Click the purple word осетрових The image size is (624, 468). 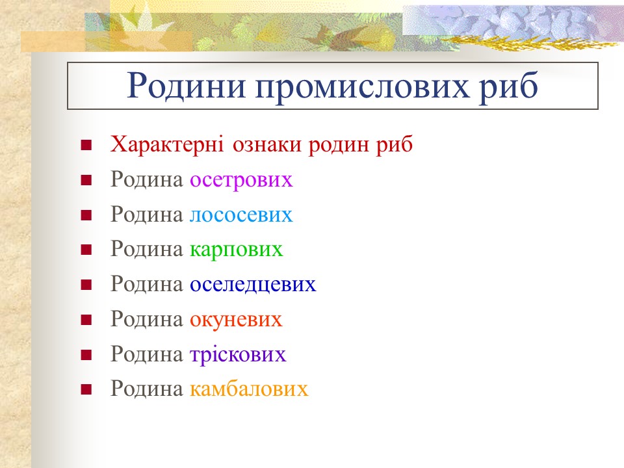(x=241, y=179)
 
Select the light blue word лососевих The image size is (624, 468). (x=241, y=214)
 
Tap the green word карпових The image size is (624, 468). (x=237, y=250)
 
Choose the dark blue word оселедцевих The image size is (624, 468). (x=253, y=285)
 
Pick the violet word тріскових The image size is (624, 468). (x=238, y=355)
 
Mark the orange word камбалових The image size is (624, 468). (x=249, y=389)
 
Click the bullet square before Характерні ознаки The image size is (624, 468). (x=85, y=145)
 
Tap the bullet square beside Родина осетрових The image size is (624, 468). (x=85, y=180)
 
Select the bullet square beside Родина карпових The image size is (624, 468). (x=85, y=250)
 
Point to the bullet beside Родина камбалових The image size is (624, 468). (x=85, y=390)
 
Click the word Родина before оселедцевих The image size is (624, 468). (x=147, y=285)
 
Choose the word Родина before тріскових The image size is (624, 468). (x=147, y=355)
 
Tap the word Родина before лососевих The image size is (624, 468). (x=147, y=214)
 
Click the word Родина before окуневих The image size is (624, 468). (x=147, y=320)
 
